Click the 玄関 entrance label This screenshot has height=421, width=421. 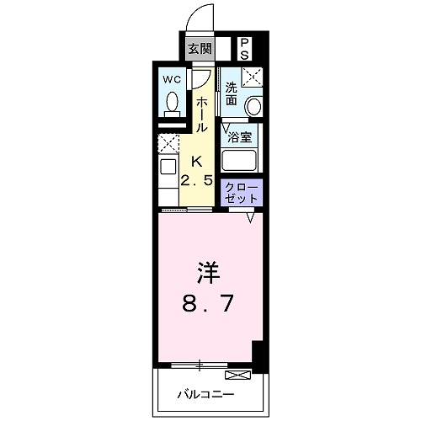[x=199, y=48]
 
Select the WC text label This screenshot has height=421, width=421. [x=172, y=80]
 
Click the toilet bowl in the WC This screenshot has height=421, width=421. [x=172, y=104]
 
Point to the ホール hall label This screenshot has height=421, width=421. [x=202, y=114]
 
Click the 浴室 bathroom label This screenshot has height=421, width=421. [x=238, y=136]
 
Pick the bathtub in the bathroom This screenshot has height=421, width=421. [x=240, y=159]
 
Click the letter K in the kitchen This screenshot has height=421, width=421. [x=195, y=162]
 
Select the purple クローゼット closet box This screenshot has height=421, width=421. [x=241, y=193]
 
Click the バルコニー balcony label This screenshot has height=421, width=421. [x=206, y=393]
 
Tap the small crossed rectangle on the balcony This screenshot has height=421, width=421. [x=237, y=373]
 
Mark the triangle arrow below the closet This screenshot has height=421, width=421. [x=251, y=217]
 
